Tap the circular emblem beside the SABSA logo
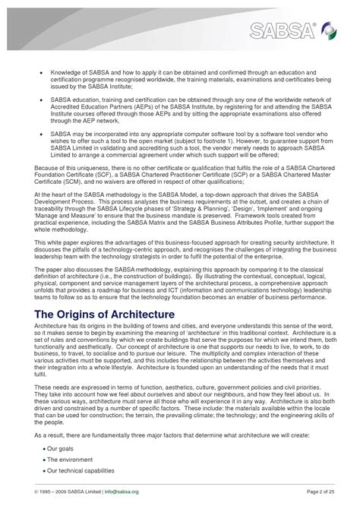click(x=329, y=30)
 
